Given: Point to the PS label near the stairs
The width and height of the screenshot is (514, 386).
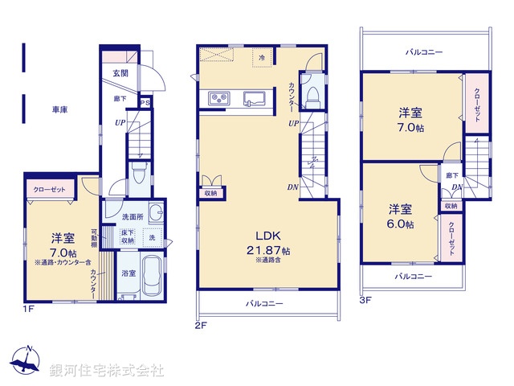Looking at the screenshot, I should (x=145, y=103).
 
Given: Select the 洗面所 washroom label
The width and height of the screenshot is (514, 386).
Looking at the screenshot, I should (x=133, y=217).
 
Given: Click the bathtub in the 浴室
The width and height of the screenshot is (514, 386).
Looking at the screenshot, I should (x=150, y=278).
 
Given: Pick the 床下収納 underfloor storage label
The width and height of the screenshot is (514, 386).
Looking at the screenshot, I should (x=128, y=236).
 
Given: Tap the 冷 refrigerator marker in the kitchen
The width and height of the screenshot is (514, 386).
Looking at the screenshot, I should (x=263, y=57).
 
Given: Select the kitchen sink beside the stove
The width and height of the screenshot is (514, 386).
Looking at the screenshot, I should (x=255, y=98).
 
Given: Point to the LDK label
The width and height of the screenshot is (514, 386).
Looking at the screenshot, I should (x=267, y=235).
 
